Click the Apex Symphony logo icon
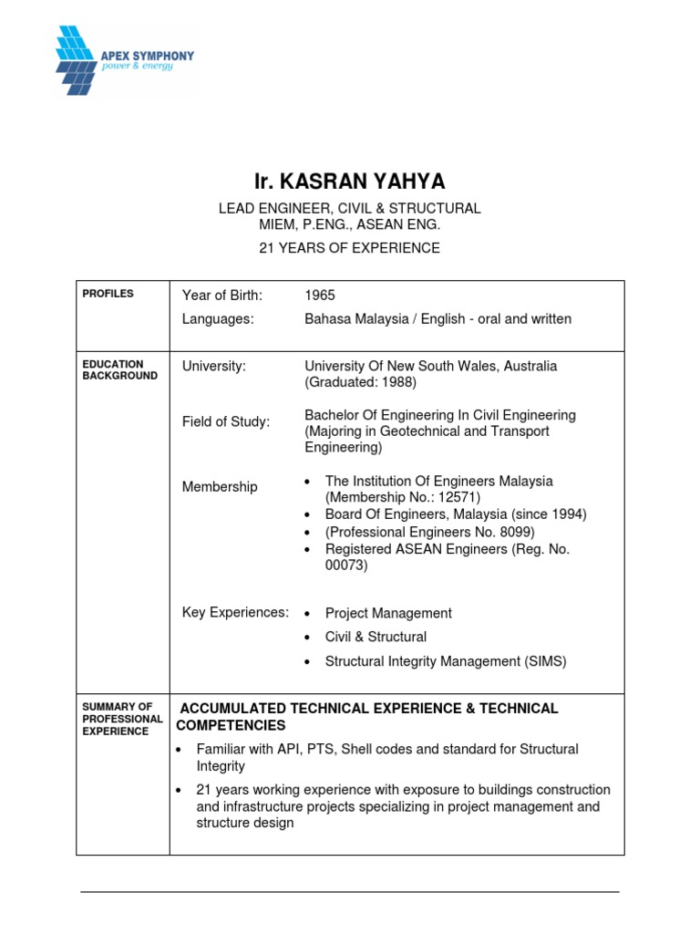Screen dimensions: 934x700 coord(79,60)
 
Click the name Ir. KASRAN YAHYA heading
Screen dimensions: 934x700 coord(350,181)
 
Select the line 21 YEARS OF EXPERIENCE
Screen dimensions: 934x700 coord(350,248)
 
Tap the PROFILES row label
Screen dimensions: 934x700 coord(108,294)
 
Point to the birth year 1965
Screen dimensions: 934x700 coord(320,295)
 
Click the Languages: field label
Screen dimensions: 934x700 coord(218,319)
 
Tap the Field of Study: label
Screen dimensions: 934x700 coord(226,421)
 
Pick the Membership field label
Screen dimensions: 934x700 coord(220,487)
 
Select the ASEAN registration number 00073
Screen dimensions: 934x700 coord(346,566)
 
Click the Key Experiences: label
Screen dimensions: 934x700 coord(235,612)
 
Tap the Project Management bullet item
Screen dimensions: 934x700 coord(388,613)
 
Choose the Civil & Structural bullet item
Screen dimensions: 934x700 coord(376,637)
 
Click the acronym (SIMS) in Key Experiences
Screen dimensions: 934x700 coord(543,661)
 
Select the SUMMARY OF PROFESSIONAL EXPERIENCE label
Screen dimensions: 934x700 coord(122,719)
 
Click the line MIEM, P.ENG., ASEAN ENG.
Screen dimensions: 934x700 coord(350,224)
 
